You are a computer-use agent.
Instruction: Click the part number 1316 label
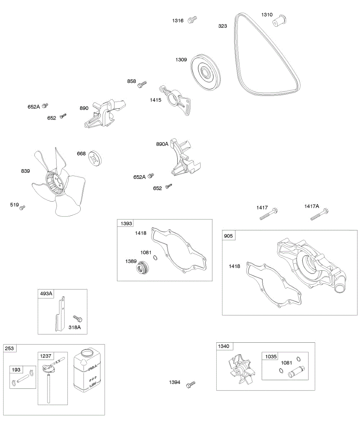(x=177, y=21)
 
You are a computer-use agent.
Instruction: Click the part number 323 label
(x=222, y=26)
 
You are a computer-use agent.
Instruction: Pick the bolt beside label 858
(x=143, y=84)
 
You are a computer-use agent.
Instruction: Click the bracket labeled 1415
(x=177, y=99)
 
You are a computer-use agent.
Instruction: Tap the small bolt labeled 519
(x=22, y=207)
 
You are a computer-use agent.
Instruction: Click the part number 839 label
(x=25, y=171)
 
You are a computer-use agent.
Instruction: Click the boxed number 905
(x=229, y=236)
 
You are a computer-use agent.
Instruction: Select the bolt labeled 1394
(x=191, y=384)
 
